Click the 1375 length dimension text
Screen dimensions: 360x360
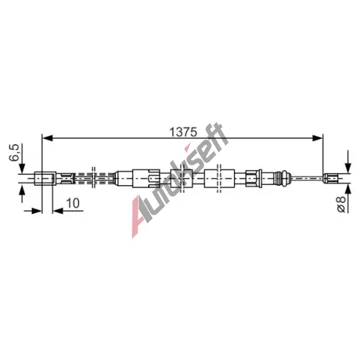[x=183, y=132]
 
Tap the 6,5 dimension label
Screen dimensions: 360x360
[x=14, y=153]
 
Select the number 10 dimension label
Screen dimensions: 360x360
[x=73, y=203]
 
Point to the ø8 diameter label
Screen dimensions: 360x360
[x=341, y=204]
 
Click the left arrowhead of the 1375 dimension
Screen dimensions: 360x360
[x=47, y=138]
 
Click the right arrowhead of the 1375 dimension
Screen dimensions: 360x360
[x=318, y=138]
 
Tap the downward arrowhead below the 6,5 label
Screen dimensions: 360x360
[x=22, y=168]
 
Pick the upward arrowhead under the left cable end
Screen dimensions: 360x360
[x=22, y=189]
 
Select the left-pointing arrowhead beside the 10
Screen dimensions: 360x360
[x=58, y=211]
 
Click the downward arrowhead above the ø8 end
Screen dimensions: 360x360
[x=348, y=168]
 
